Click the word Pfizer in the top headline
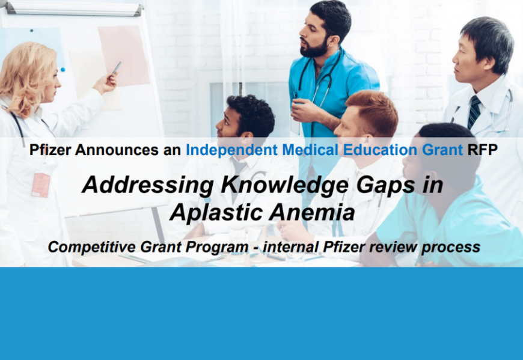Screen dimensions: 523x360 (50, 150)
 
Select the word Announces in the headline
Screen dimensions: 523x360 (117, 150)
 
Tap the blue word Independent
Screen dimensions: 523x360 (231, 150)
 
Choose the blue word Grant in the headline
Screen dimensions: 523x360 (442, 150)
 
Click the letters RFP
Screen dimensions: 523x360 (482, 150)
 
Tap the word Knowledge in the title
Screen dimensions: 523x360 (285, 186)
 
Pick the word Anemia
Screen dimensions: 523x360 (312, 213)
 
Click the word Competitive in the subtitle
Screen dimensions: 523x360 (92, 248)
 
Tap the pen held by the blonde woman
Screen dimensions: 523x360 (116, 69)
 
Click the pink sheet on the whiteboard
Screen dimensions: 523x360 (123, 56)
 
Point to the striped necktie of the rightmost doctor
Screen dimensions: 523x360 (474, 112)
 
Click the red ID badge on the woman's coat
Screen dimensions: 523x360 (41, 185)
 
